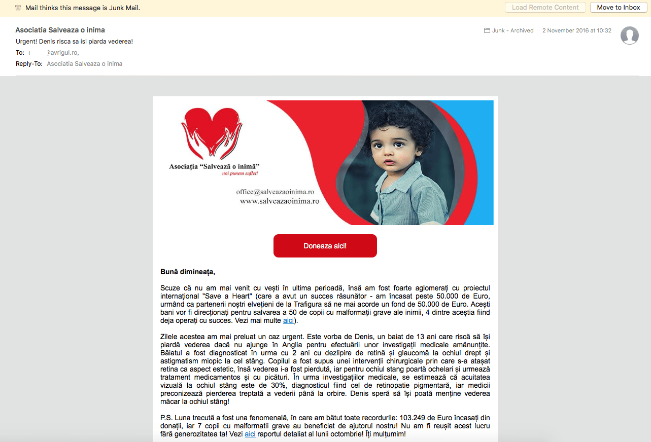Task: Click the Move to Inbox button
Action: point(618,8)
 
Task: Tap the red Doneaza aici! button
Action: point(325,246)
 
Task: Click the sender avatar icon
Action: point(630,35)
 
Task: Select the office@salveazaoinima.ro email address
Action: point(275,192)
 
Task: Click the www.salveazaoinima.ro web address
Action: point(279,201)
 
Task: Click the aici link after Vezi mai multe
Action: point(288,321)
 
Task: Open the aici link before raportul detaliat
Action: point(250,434)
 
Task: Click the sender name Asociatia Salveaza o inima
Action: point(60,30)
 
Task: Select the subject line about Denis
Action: point(74,41)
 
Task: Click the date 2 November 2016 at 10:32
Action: point(576,30)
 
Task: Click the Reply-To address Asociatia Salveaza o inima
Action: point(85,64)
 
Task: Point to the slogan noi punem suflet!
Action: point(240,174)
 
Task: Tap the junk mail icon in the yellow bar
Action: point(18,8)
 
